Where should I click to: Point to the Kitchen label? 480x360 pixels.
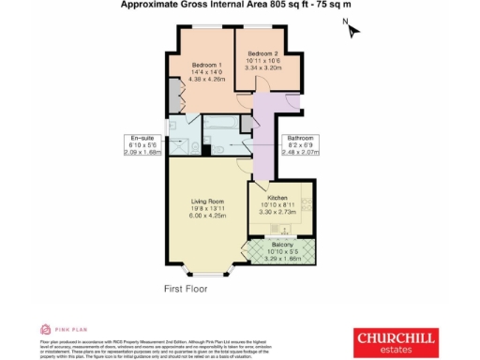[277, 199]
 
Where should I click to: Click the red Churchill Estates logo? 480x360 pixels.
[393, 338]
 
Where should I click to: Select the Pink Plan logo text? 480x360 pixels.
[65, 330]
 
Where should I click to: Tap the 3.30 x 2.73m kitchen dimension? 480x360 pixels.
[277, 214]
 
